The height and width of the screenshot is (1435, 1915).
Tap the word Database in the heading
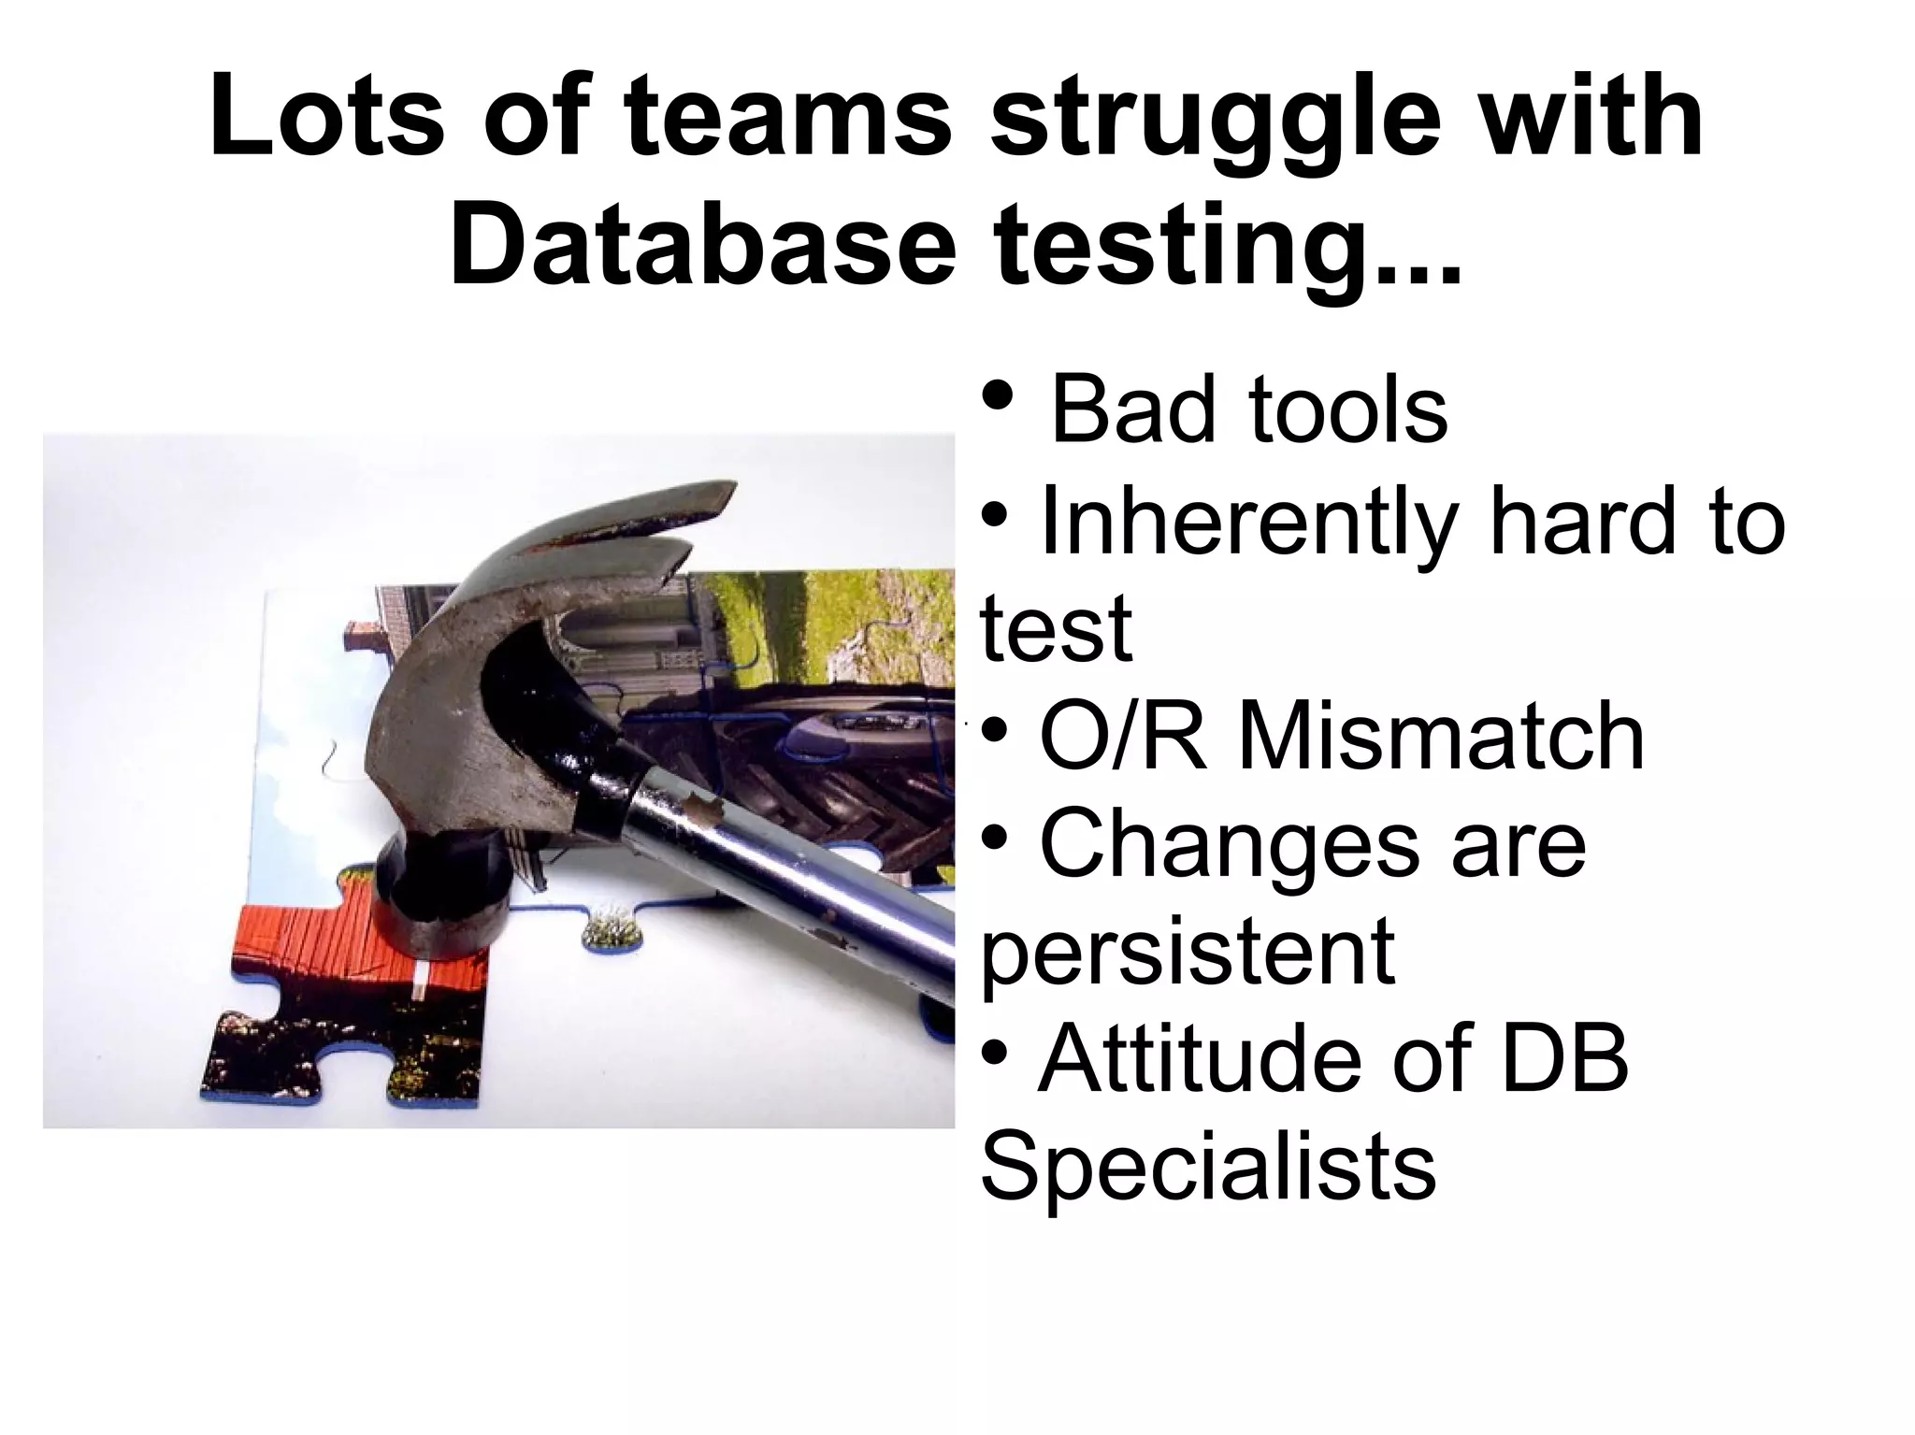click(x=702, y=245)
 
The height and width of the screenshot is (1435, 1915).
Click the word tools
click(x=1346, y=410)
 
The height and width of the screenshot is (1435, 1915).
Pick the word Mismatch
click(x=1441, y=738)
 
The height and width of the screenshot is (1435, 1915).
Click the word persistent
click(x=1188, y=954)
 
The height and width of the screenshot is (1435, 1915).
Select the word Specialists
click(x=1207, y=1168)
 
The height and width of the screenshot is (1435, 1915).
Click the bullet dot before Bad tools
click(x=998, y=396)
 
